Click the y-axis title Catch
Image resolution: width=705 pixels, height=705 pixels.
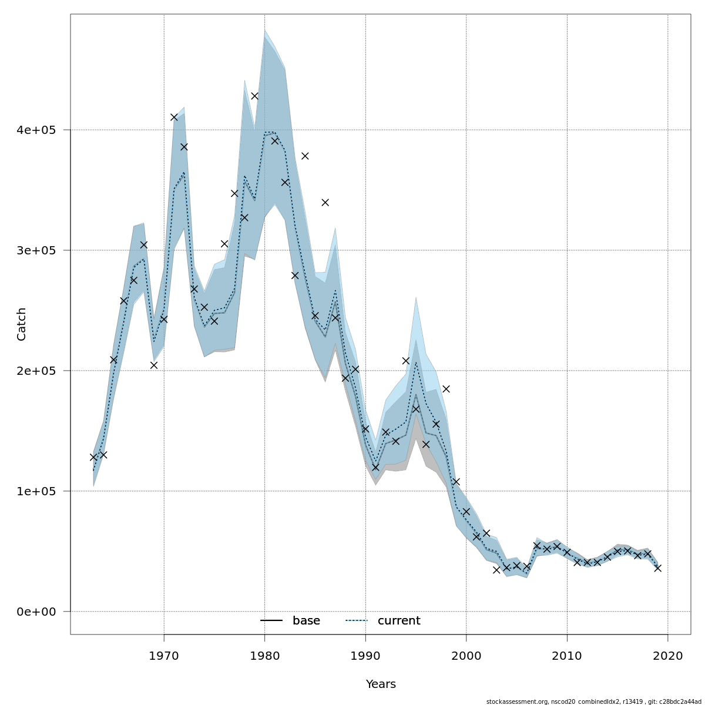[x=22, y=324]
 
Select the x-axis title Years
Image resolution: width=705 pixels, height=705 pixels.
[x=381, y=684]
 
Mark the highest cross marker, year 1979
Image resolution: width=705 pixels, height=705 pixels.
[x=254, y=96]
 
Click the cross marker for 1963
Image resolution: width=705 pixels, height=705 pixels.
[x=93, y=457]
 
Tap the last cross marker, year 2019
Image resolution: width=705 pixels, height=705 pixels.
[x=657, y=568]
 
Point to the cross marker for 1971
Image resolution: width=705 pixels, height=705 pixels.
[x=174, y=117]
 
